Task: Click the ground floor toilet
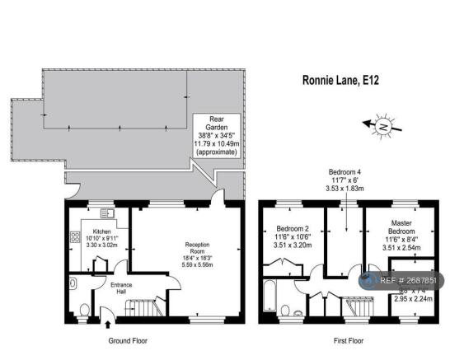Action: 85,311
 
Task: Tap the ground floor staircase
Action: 140,311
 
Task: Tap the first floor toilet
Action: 285,310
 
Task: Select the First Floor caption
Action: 343,339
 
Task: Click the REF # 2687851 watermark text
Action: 409,281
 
